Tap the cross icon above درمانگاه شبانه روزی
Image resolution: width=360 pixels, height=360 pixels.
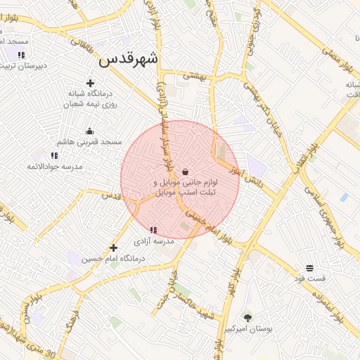[x=90, y=84]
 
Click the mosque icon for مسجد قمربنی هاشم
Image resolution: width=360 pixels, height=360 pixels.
[x=89, y=131]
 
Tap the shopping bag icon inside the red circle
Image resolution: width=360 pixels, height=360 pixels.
[x=185, y=172]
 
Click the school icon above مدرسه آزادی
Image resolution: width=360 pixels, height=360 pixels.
[x=153, y=230]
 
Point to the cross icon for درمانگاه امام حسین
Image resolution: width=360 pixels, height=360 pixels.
[x=113, y=247]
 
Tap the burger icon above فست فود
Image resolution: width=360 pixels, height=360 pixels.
[x=309, y=268]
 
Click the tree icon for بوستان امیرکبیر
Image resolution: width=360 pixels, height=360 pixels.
[x=247, y=318]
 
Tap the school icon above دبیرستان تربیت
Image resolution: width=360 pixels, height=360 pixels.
[x=21, y=54]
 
